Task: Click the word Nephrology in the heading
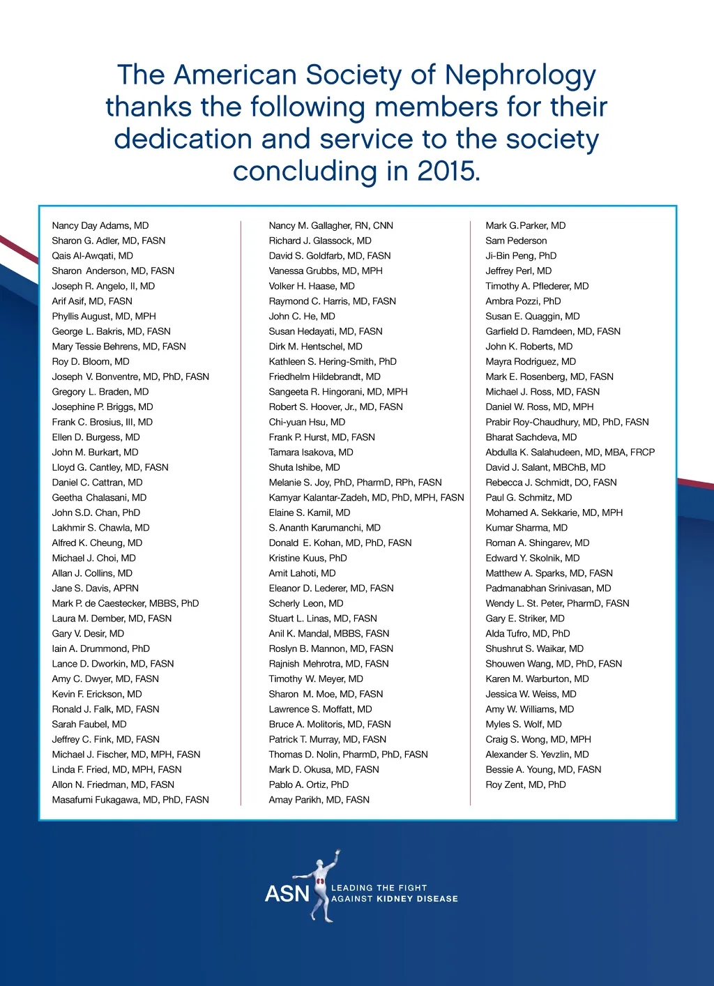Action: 520,75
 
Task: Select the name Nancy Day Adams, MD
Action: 100,225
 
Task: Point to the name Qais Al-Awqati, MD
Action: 92,256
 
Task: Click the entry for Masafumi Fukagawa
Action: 130,800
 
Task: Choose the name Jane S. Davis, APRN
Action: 95,589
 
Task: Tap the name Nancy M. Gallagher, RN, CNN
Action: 331,225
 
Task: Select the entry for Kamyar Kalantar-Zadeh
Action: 366,498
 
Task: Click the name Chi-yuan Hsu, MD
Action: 307,422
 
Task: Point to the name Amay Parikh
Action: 319,800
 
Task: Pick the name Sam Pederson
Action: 516,241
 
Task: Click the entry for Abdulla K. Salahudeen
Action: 570,453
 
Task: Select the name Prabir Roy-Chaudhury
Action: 567,422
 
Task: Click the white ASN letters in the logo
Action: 287,894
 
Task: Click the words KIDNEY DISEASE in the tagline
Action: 417,899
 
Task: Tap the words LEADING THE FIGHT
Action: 379,888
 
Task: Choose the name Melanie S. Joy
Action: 355,483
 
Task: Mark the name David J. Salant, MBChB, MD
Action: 545,467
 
